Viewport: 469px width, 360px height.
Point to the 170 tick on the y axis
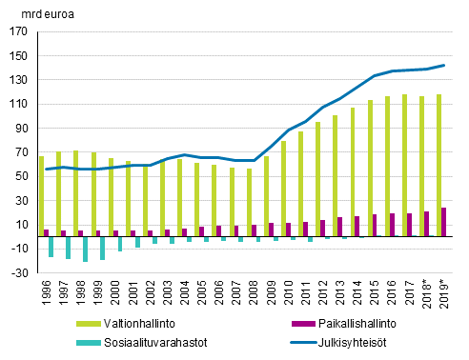pos(18,30)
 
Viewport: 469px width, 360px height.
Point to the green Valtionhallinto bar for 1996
pos(41,195)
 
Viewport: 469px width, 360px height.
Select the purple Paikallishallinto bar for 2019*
pos(444,221)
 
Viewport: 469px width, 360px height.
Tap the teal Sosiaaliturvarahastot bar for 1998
pos(85,248)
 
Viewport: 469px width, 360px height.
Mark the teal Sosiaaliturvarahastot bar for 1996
pos(51,246)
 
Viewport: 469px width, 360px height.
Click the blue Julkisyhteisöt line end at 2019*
pos(443,65)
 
